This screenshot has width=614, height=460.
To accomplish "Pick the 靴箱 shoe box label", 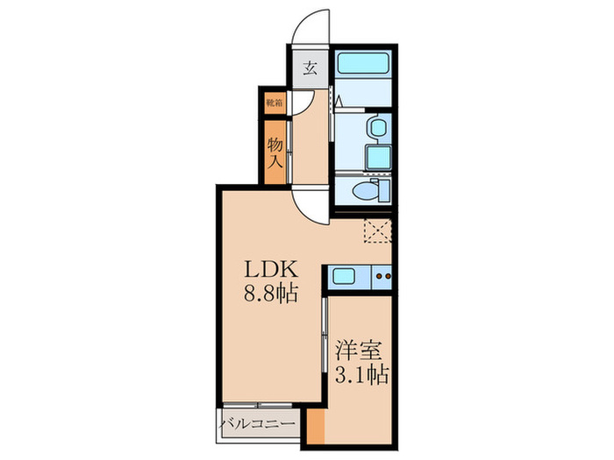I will click(274, 103).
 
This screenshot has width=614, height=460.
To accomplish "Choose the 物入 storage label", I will click(275, 151).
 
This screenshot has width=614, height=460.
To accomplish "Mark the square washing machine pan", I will click(376, 158).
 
